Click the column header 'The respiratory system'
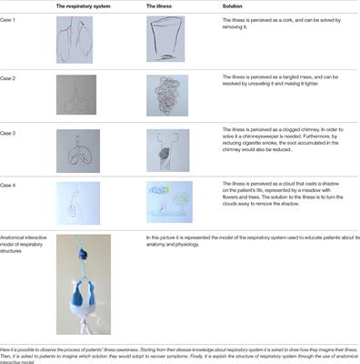[86, 6]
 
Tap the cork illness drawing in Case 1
[165, 42]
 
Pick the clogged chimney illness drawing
[165, 151]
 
